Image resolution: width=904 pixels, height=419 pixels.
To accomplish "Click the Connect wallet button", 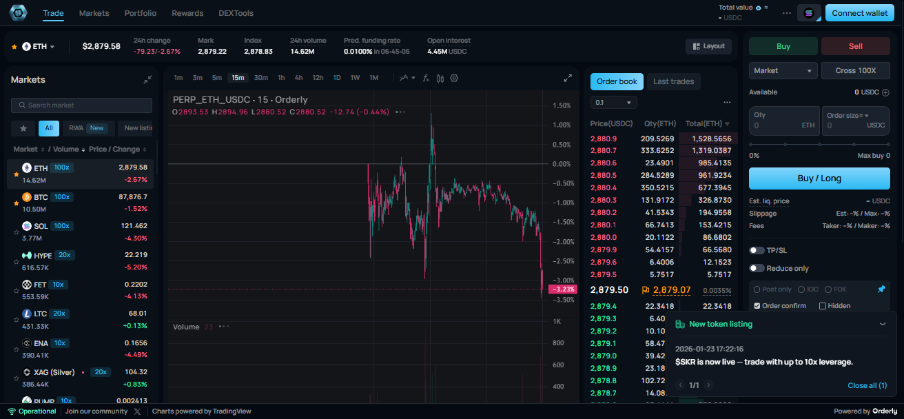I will [x=859, y=13].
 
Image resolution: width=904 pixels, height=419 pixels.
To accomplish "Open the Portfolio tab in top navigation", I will [x=140, y=13].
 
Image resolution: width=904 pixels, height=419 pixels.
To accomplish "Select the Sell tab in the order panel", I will [x=855, y=46].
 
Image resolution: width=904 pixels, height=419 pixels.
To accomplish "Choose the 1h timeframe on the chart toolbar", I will [x=281, y=78].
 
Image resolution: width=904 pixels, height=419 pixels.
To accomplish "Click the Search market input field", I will [x=81, y=105].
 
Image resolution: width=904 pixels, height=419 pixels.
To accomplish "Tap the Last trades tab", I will [x=673, y=81].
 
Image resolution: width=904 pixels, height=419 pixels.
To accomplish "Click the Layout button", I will [x=708, y=46].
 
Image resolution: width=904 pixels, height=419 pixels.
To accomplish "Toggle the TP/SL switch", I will [x=757, y=250].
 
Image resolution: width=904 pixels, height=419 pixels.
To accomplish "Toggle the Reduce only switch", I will [x=757, y=268].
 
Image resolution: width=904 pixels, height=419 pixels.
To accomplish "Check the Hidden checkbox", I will [x=823, y=306].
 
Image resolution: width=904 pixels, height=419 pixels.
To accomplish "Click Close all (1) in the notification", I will [x=867, y=385].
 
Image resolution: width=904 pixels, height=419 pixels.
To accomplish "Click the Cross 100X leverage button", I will [x=855, y=70].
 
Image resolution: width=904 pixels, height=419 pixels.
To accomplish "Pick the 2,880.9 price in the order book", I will [x=604, y=139].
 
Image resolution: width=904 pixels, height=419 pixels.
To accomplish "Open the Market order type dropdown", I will [x=783, y=70].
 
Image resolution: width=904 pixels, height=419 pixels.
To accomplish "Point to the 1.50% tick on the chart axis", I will [x=562, y=105].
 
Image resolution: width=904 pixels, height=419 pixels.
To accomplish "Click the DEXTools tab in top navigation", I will [x=236, y=13].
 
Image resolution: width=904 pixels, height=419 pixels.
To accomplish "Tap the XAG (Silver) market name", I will [x=54, y=372].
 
